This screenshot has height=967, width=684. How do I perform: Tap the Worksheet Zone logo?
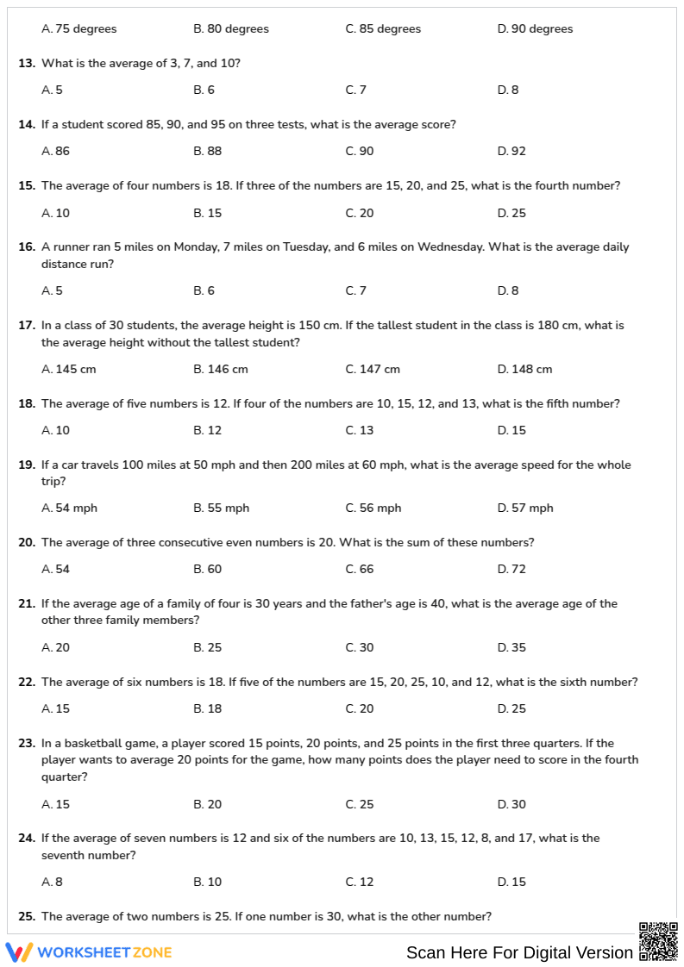tap(89, 952)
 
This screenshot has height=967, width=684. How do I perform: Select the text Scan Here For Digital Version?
tap(519, 952)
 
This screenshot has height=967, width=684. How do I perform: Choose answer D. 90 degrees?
tap(535, 29)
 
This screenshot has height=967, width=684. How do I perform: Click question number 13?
tap(27, 64)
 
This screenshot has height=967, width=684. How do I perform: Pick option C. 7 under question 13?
tap(356, 90)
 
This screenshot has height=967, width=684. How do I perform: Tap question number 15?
tap(27, 186)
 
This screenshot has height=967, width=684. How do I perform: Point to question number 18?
tap(27, 404)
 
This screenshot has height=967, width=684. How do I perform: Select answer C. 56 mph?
tap(373, 508)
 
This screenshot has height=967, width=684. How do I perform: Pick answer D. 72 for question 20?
tap(511, 570)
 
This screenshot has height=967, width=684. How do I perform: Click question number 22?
tap(27, 683)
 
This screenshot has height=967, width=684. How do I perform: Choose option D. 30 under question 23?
tap(511, 805)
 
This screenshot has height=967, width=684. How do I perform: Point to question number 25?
tap(27, 917)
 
